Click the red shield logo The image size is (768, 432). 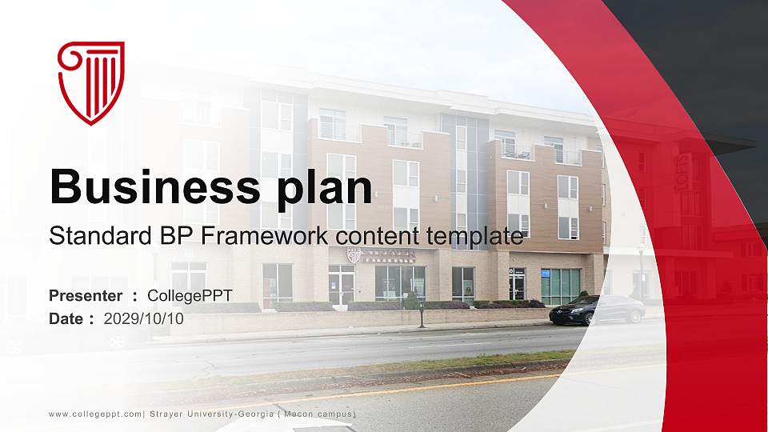pyautogui.click(x=91, y=82)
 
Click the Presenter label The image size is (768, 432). pyautogui.click(x=86, y=296)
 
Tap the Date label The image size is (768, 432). pyautogui.click(x=67, y=318)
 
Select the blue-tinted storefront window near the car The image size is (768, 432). pyautogui.click(x=560, y=286)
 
